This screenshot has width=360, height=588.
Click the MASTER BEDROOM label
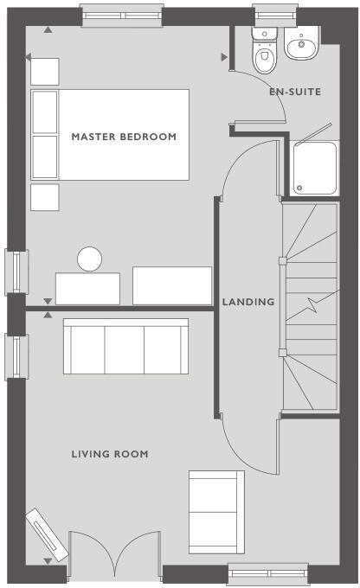[x=124, y=137]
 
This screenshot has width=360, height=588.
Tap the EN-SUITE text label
[x=294, y=91]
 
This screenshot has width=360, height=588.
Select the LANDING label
[x=248, y=302]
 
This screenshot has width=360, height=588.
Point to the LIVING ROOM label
[x=110, y=454]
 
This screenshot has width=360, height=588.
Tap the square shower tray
[x=313, y=168]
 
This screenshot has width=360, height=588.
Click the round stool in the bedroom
[x=89, y=259]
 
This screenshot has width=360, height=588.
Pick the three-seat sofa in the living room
[x=125, y=347]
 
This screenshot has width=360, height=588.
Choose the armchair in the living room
[x=217, y=505]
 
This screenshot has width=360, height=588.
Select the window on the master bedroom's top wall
[x=122, y=15]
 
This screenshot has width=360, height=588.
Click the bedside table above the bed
[x=44, y=72]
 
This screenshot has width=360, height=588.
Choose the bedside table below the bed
[x=44, y=196]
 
